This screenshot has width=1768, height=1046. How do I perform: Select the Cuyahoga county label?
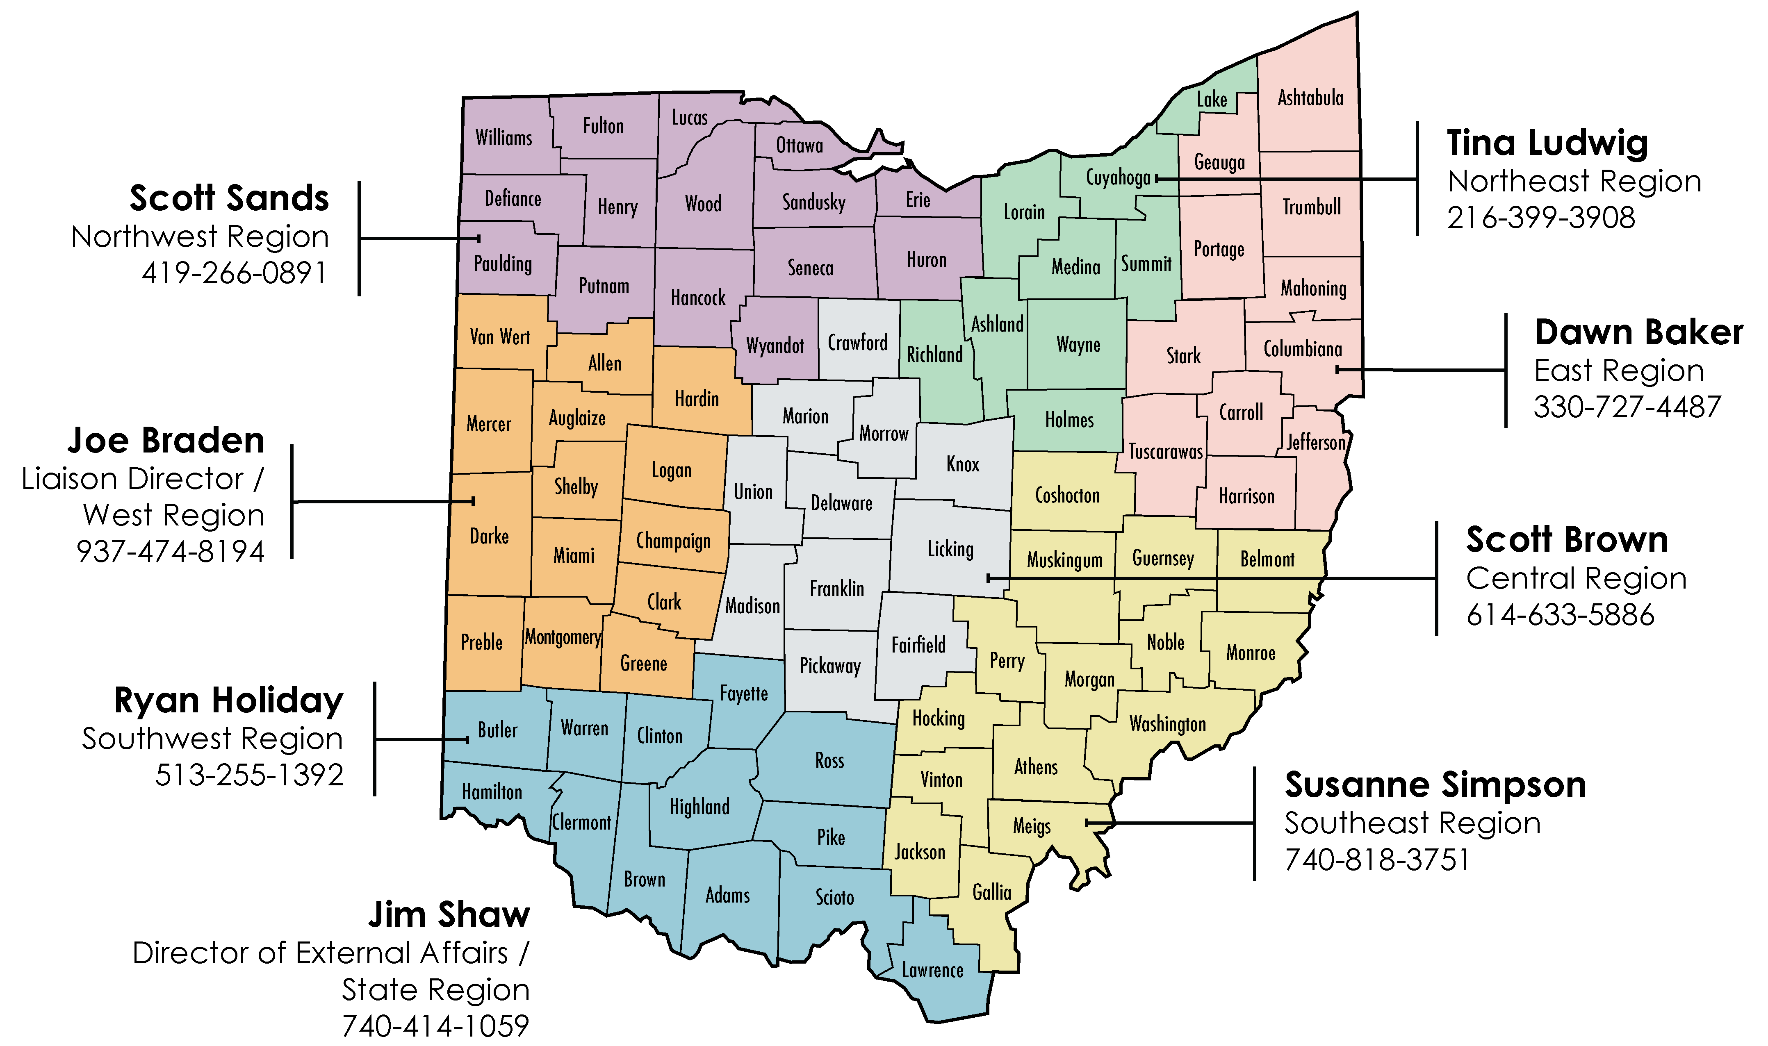(x=1117, y=177)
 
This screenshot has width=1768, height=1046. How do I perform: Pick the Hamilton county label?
(x=491, y=792)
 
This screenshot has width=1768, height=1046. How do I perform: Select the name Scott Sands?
(x=229, y=198)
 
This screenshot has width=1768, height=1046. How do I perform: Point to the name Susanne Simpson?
(x=1435, y=784)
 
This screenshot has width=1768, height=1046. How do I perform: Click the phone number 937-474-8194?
(x=170, y=551)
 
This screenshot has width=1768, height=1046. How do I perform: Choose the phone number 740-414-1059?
(x=435, y=1026)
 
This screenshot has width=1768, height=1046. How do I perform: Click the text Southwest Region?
(x=212, y=739)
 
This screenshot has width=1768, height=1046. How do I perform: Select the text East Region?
(x=1619, y=371)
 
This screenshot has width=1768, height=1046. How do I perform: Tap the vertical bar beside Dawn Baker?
(x=1506, y=370)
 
